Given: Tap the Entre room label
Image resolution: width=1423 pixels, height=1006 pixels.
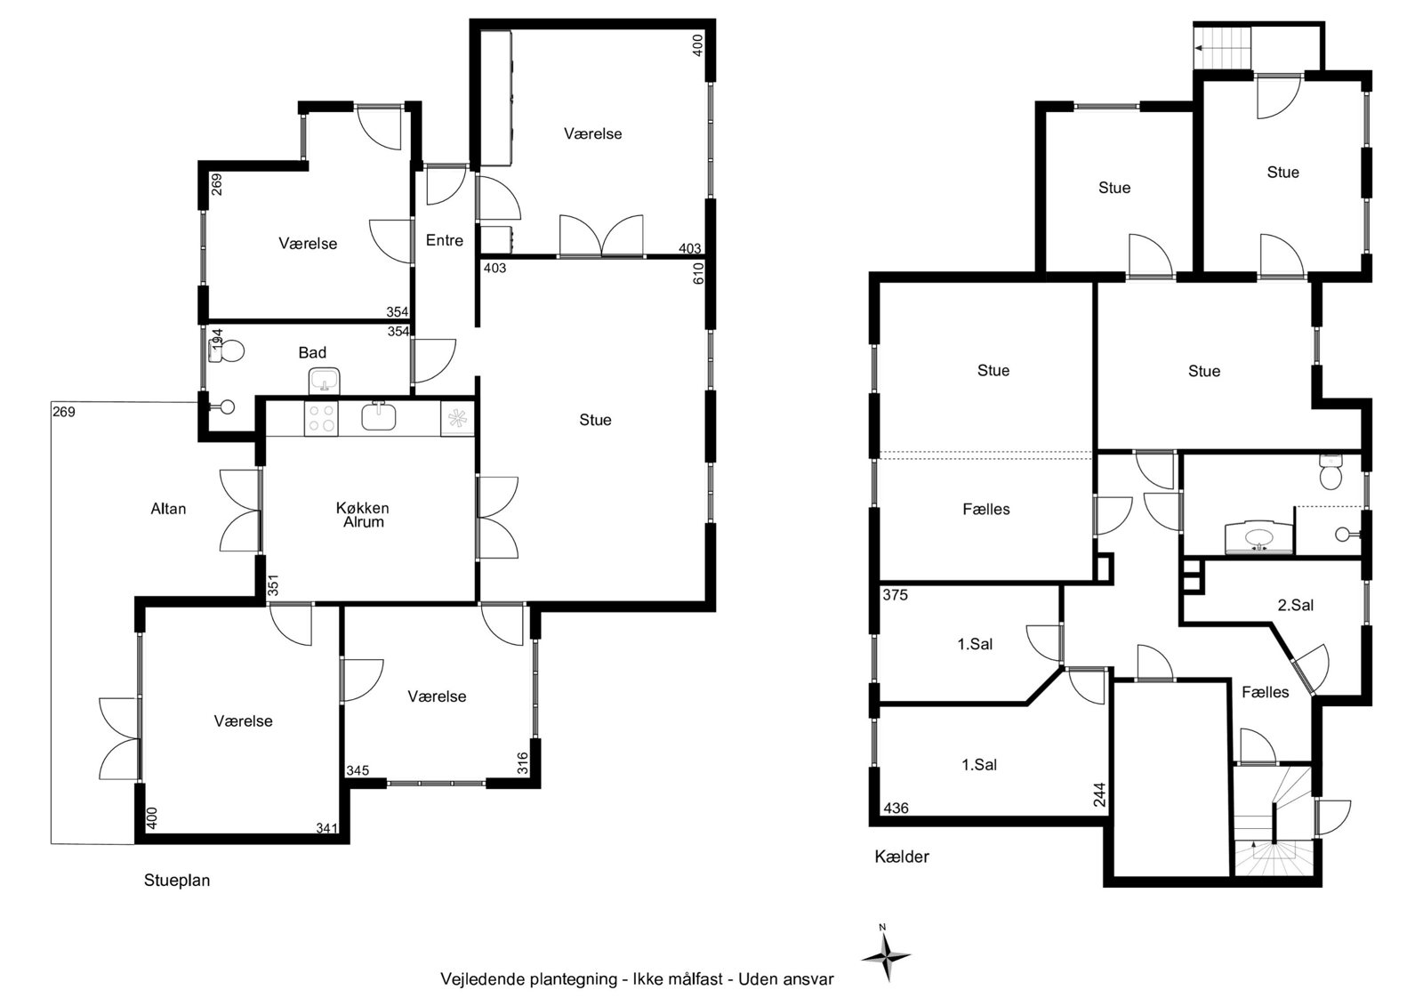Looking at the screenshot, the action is (444, 240).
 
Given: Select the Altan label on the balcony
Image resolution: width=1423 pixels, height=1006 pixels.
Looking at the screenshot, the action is (168, 509).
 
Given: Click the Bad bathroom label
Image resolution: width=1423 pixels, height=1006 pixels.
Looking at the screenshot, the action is (312, 353).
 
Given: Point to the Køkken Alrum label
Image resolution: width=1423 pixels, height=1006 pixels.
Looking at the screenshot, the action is (363, 515).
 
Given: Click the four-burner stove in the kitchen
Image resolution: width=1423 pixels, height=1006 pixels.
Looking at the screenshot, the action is (321, 418).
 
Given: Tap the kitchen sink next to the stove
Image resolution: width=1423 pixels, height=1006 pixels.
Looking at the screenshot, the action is (379, 416).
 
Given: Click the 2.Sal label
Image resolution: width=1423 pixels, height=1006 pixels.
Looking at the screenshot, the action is (1295, 605).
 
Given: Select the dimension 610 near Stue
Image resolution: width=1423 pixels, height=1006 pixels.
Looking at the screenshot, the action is (698, 273).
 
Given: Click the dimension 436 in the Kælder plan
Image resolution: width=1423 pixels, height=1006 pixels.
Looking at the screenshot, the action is (896, 809).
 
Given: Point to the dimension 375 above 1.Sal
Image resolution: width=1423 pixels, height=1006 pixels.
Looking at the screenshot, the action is (895, 595).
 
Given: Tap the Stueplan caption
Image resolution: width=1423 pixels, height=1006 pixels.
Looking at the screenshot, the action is (177, 881).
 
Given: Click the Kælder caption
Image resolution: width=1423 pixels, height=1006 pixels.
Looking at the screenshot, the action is (902, 857).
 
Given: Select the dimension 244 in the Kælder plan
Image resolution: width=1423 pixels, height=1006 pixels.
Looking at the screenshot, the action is (1100, 794).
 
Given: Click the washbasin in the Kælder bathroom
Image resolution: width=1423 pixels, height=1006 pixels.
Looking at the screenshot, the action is (1259, 537).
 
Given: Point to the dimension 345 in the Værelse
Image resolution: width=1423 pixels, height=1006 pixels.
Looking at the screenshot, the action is (357, 771).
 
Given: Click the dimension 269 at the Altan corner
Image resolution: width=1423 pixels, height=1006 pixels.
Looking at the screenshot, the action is (63, 412).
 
